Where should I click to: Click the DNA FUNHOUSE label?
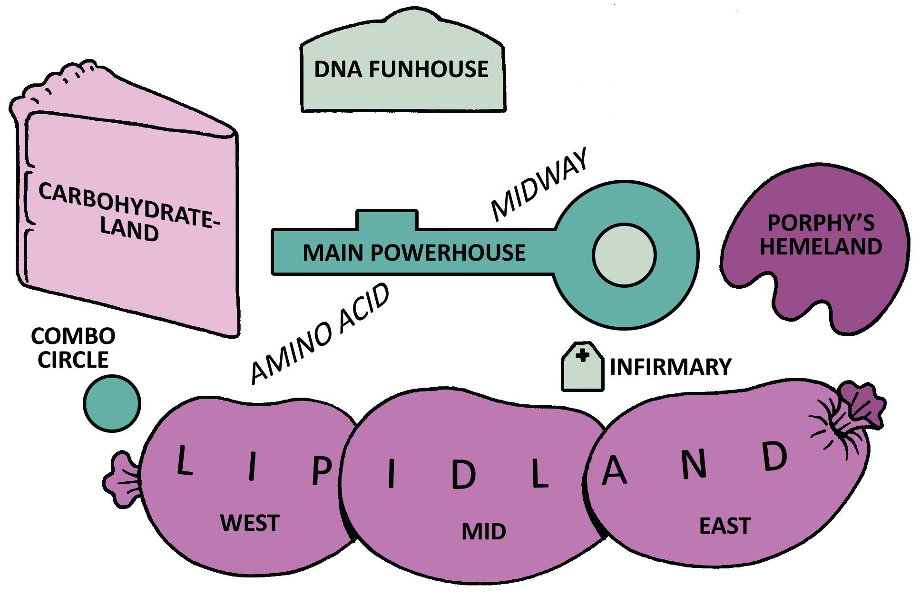(x=401, y=69)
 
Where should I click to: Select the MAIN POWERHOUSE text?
(x=414, y=253)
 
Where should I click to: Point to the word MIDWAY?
(x=539, y=186)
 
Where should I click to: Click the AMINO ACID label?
(x=320, y=334)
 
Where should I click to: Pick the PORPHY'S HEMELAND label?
(x=821, y=235)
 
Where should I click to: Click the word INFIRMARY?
(x=670, y=367)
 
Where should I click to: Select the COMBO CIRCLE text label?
(x=73, y=348)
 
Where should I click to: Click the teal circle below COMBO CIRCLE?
(x=112, y=403)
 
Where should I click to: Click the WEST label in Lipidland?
(x=250, y=523)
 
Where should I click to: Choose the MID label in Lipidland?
(x=483, y=531)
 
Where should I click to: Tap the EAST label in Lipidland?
(x=724, y=526)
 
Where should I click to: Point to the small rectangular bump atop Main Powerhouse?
(x=387, y=219)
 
